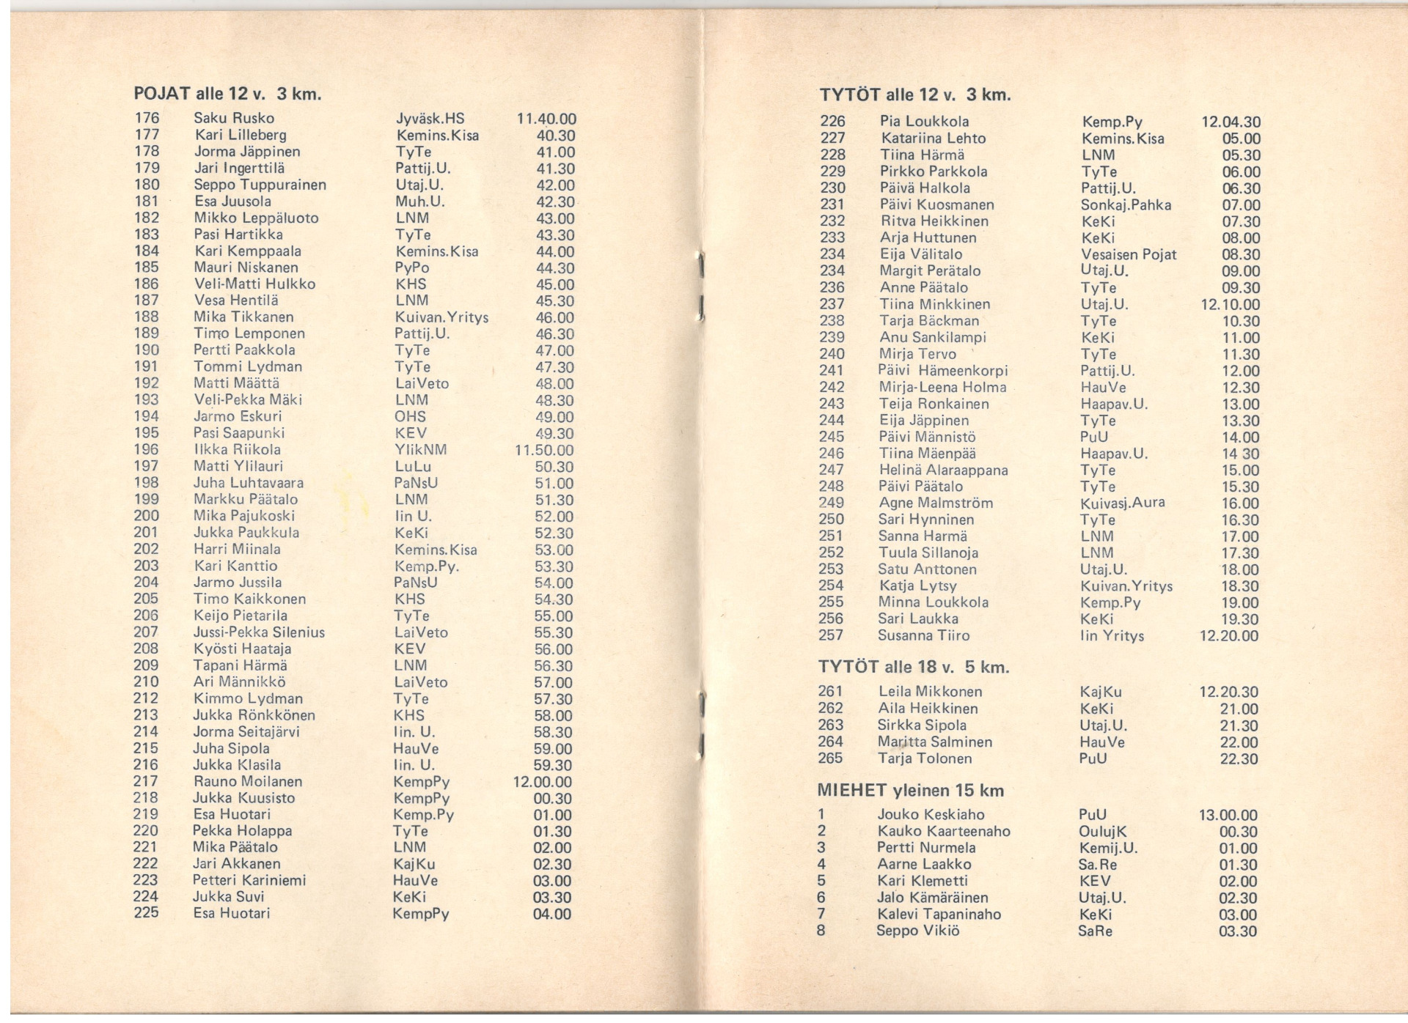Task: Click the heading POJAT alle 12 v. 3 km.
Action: coord(227,94)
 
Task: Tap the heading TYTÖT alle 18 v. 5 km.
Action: coord(913,667)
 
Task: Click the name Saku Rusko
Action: coord(233,118)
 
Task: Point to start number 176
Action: coord(147,118)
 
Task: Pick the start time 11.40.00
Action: coord(546,119)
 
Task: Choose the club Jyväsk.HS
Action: coord(430,119)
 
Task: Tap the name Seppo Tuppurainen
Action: coord(260,185)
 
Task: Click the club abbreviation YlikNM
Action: coord(420,450)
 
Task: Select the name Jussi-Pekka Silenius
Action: coord(258,632)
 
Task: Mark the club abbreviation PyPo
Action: coord(411,267)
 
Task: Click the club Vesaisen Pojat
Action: coord(1128,254)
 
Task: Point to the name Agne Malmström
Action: coord(935,503)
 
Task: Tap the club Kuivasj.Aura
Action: coord(1122,503)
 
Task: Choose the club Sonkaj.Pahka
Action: coord(1126,204)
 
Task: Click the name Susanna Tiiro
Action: coord(923,635)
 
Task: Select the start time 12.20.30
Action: coord(1228,692)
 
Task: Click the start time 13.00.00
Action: coord(1228,815)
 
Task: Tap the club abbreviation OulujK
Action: coord(1102,831)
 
